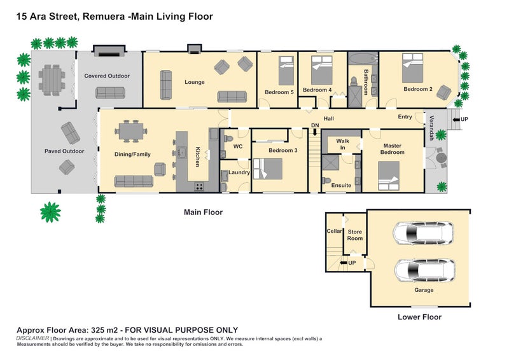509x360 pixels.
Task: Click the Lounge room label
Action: point(195,82)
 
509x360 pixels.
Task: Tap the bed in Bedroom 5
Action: point(286,71)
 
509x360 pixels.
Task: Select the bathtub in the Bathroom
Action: point(363,59)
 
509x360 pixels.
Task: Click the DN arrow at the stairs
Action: point(315,132)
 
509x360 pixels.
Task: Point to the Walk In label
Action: point(342,144)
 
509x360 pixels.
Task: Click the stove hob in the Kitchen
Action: point(199,186)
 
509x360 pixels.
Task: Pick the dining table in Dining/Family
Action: point(131,131)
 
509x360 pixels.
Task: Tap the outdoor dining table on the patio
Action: point(52,80)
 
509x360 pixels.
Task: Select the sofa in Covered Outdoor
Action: point(110,93)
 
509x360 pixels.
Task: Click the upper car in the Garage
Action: point(423,232)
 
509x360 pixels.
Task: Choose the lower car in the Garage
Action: point(424,270)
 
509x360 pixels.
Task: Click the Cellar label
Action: point(335,231)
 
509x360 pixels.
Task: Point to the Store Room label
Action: point(355,235)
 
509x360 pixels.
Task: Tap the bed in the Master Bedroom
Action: point(389,176)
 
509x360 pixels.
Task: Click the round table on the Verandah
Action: point(441,158)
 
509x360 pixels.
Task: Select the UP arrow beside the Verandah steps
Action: point(456,119)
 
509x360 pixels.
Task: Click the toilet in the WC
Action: point(228,139)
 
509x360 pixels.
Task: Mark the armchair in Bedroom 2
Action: point(443,92)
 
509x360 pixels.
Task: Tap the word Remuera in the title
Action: point(104,17)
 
